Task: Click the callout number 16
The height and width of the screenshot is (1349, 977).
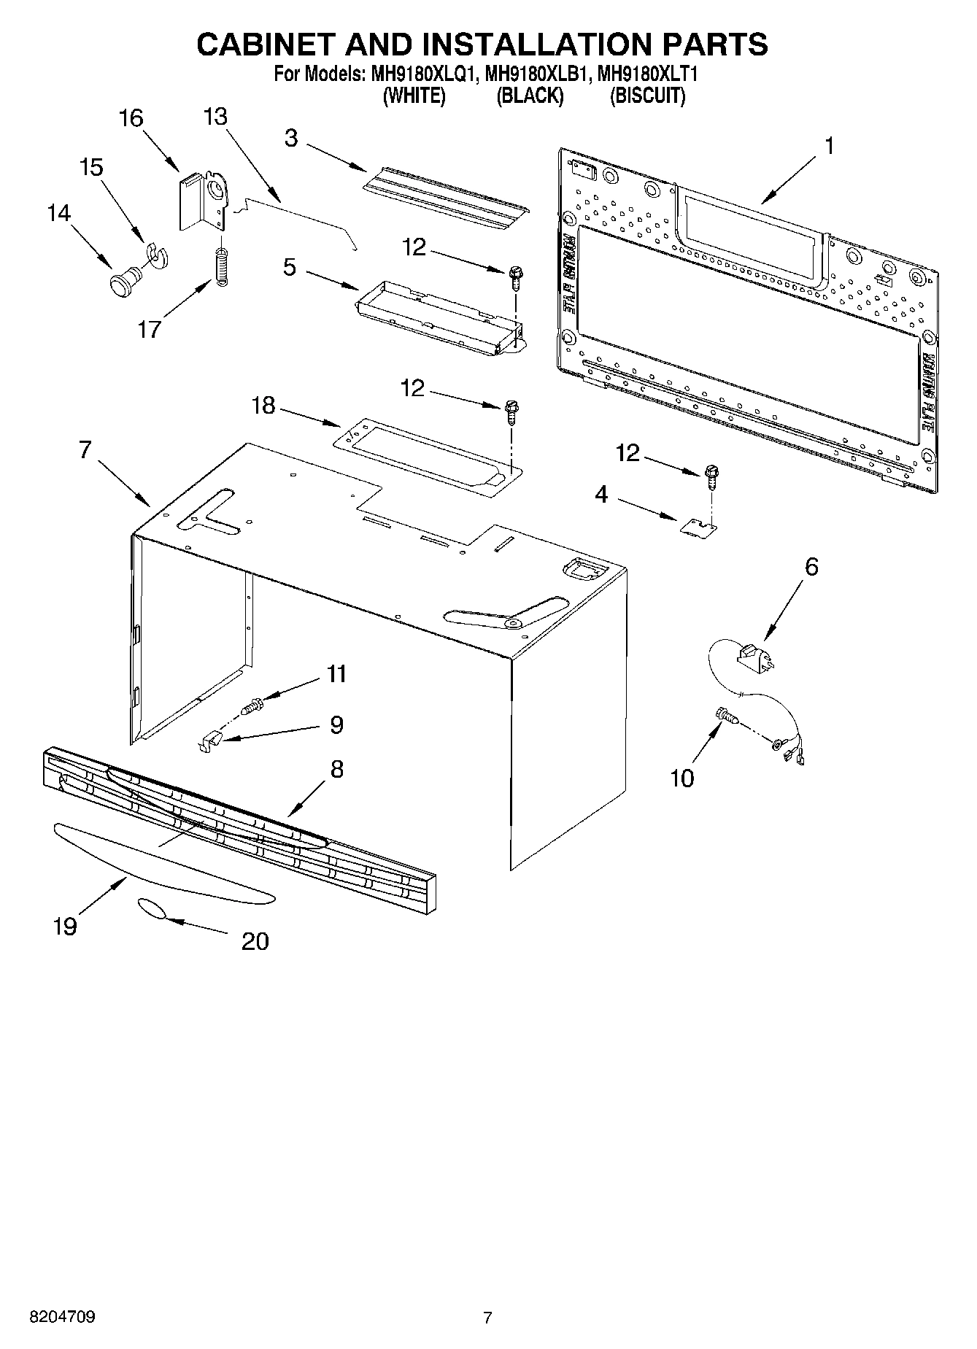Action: click(131, 118)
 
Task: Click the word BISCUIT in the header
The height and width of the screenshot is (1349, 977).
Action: click(647, 96)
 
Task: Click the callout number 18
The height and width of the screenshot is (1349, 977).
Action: click(263, 406)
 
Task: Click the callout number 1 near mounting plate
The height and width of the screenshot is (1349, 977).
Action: click(828, 146)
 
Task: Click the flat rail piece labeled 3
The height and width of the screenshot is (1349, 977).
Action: click(445, 194)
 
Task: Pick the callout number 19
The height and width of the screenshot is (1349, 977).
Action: click(65, 927)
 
